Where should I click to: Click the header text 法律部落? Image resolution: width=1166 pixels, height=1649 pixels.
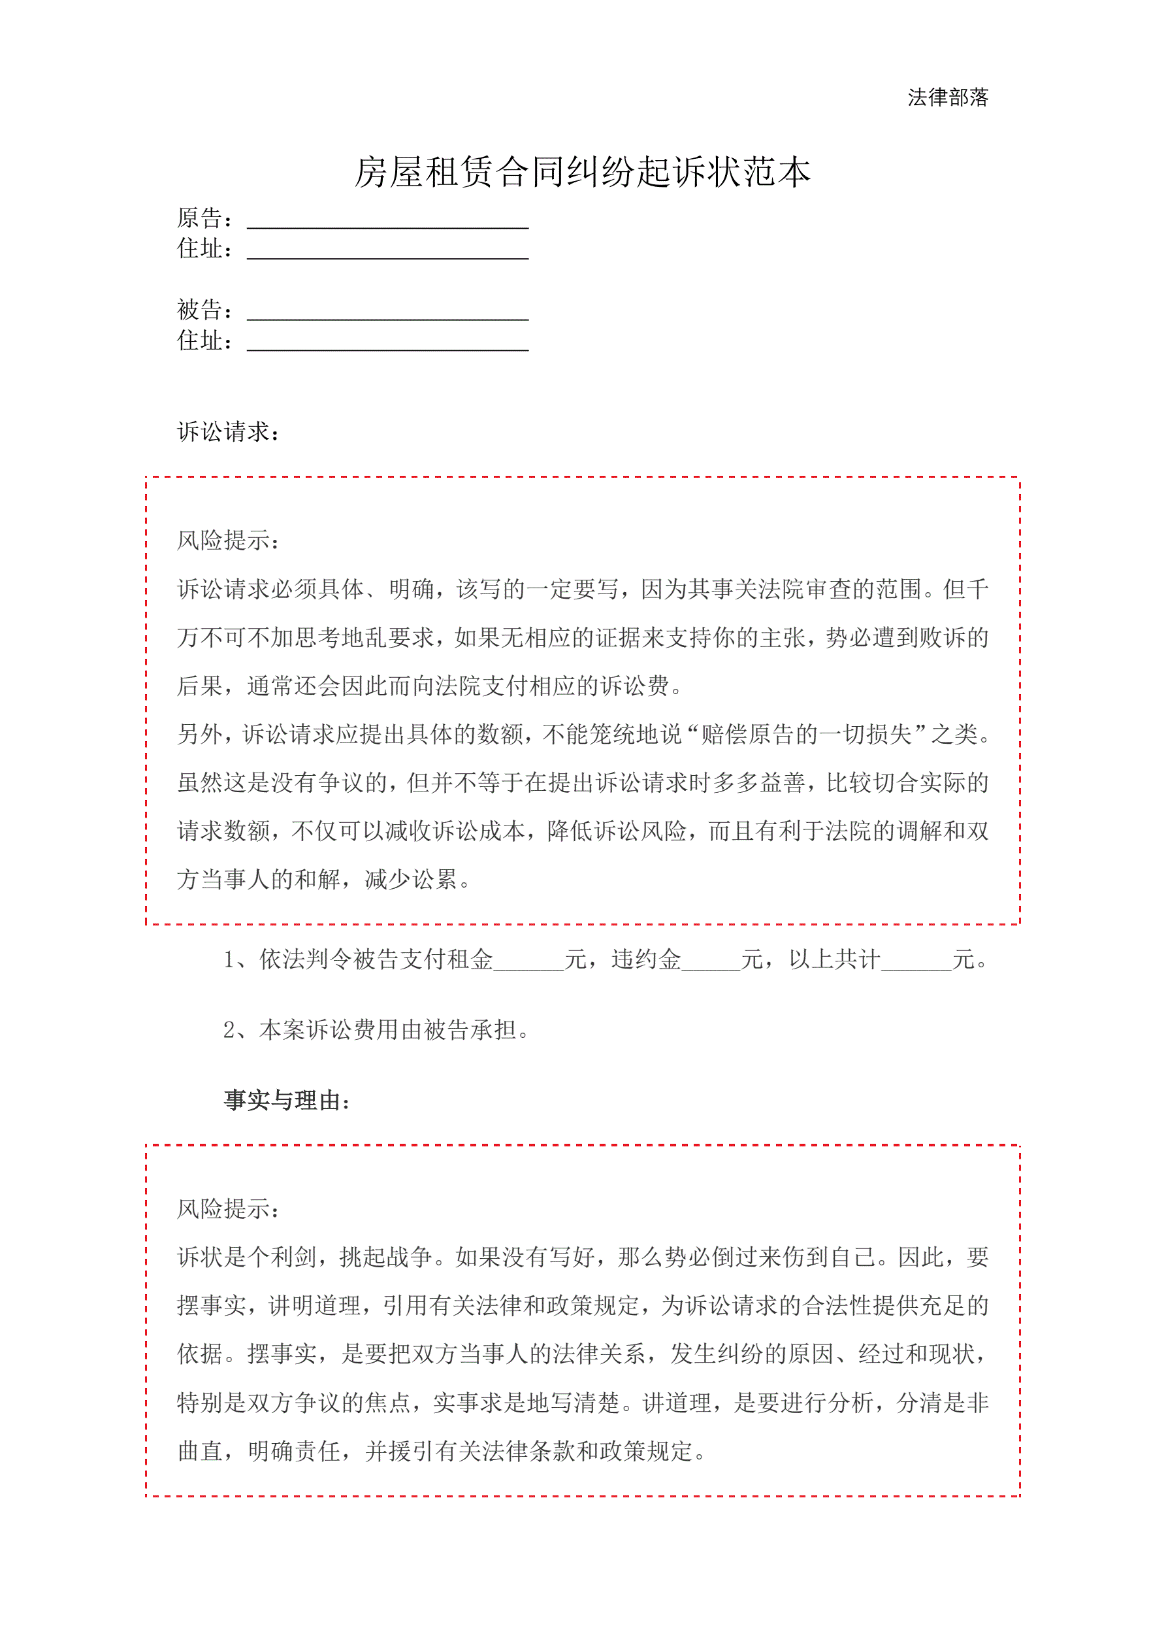tap(947, 97)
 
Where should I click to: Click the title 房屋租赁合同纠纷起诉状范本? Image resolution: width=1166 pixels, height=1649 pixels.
tap(582, 173)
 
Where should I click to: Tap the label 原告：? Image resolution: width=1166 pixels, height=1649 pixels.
tap(204, 218)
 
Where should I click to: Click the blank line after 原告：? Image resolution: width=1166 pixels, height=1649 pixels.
tap(388, 221)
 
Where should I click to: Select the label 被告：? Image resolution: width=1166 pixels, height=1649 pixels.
tap(204, 310)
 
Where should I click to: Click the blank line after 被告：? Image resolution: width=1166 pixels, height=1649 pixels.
tap(388, 313)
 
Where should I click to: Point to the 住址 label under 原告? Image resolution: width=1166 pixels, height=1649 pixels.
tap(204, 248)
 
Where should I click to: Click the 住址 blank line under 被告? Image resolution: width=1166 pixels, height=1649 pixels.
tap(388, 344)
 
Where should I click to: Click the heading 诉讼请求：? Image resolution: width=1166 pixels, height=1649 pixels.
tap(229, 431)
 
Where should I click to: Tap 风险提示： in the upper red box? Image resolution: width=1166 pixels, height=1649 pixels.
tap(229, 540)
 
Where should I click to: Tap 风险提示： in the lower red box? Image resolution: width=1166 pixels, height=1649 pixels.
tap(229, 1208)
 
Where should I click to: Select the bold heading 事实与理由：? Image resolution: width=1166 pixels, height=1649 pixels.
tap(287, 1100)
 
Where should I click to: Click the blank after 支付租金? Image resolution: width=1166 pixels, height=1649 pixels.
tap(529, 961)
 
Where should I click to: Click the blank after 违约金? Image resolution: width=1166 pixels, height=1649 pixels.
tap(711, 961)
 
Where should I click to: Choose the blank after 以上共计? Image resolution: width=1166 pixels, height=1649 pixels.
tap(916, 961)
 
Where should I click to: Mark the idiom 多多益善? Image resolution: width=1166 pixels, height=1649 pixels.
tap(759, 782)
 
